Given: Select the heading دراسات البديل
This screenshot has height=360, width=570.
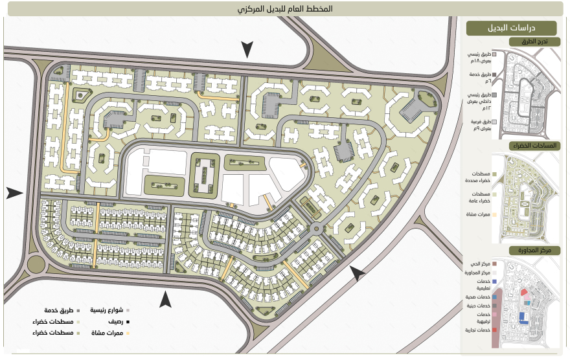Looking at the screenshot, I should tap(512, 28).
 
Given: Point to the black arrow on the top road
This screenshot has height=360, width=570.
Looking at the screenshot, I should tap(247, 49).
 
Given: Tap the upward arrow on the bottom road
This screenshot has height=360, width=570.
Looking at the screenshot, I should tap(166, 298).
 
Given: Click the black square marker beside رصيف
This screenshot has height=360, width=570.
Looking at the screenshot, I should tap(128, 322).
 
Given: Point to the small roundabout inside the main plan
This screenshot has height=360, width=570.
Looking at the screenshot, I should tap(318, 229).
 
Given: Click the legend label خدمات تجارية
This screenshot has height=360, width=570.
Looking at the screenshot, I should tap(475, 330).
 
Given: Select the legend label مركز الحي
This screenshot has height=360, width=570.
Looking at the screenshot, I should tap(478, 264).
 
